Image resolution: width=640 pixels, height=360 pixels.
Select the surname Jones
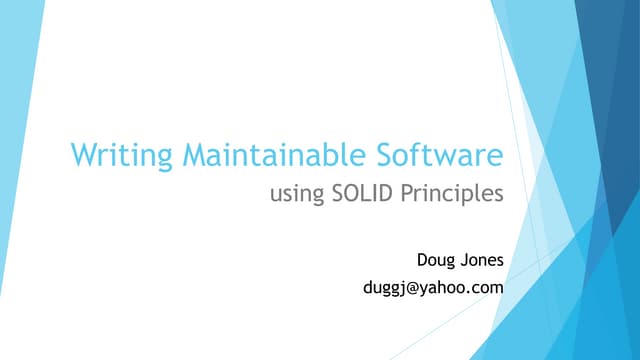point(480,260)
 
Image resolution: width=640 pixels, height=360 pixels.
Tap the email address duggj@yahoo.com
point(431,289)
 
